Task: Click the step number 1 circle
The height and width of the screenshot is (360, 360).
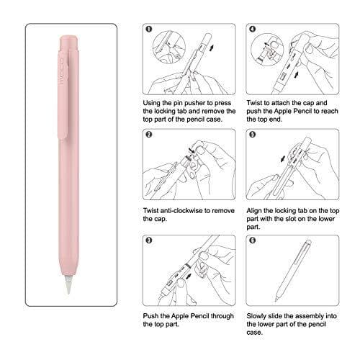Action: [x=148, y=31]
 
